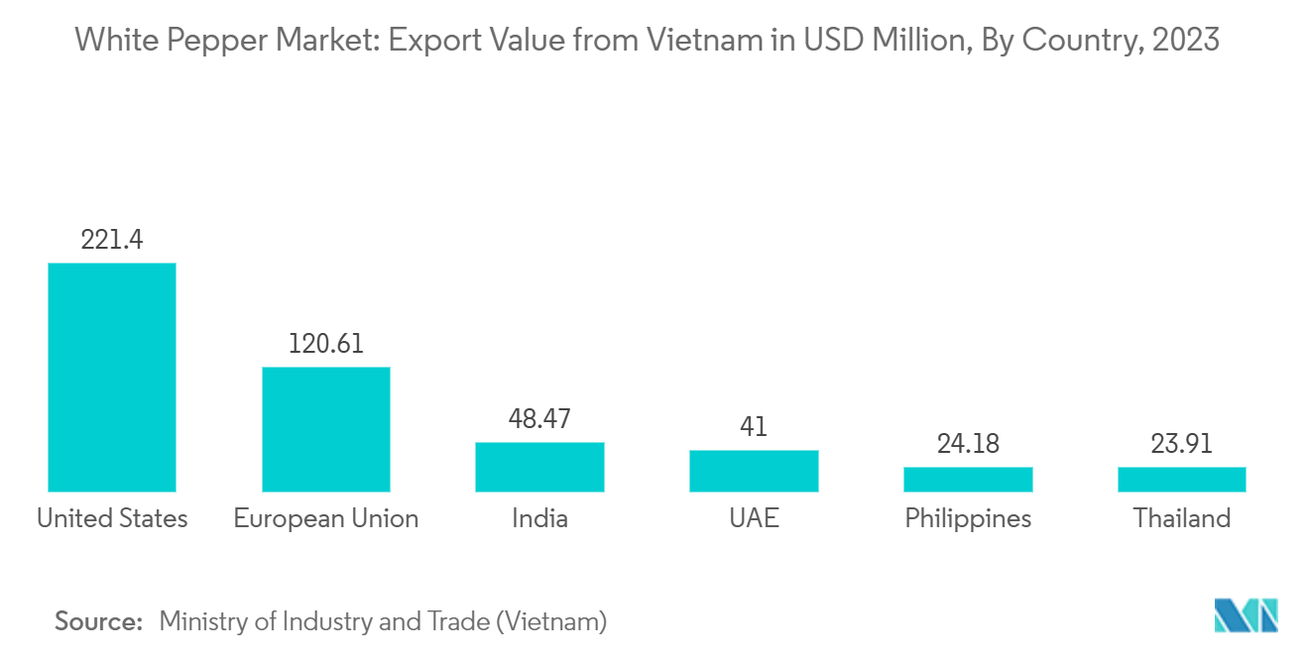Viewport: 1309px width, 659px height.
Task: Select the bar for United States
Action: coord(112,377)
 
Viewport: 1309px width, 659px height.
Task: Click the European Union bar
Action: coord(326,429)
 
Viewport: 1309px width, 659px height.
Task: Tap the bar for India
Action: coord(539,467)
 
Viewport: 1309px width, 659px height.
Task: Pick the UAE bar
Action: coord(754,471)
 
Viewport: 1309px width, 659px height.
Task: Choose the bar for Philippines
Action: coord(968,480)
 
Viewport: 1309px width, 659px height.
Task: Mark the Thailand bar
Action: coord(1181,480)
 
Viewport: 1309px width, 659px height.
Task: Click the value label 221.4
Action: coord(112,240)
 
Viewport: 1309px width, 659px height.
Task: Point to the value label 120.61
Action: coord(326,344)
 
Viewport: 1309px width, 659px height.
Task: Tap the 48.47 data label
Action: coord(539,418)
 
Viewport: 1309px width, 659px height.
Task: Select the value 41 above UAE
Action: coord(754,427)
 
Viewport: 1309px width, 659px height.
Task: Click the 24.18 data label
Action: coord(968,443)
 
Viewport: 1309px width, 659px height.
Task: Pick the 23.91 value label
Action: coord(1181,443)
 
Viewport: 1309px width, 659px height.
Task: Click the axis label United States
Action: coord(112,518)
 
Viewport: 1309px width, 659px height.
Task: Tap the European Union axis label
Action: coord(326,518)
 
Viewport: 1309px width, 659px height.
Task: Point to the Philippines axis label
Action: coord(968,518)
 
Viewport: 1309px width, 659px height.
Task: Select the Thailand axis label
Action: coord(1181,518)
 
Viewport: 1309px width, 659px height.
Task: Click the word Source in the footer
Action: coord(99,621)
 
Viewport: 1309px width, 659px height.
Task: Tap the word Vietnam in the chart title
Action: coord(693,41)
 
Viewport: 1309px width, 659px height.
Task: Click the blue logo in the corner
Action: coord(1247,615)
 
